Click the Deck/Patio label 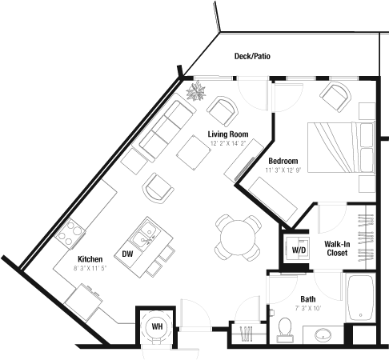point(252,56)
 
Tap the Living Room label point(228,134)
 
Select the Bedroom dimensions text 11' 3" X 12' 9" point(283,170)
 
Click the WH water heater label point(157,326)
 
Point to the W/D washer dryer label point(299,250)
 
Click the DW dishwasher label point(127,254)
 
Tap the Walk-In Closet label point(337,248)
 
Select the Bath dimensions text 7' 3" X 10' point(308,308)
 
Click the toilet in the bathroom point(284,330)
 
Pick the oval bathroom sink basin point(323,335)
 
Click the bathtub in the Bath point(360,298)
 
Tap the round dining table point(238,238)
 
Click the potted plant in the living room point(196,91)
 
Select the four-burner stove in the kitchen point(70,234)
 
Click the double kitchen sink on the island point(145,234)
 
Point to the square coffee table point(194,153)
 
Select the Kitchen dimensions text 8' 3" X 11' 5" point(90,268)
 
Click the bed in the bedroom point(341,147)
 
